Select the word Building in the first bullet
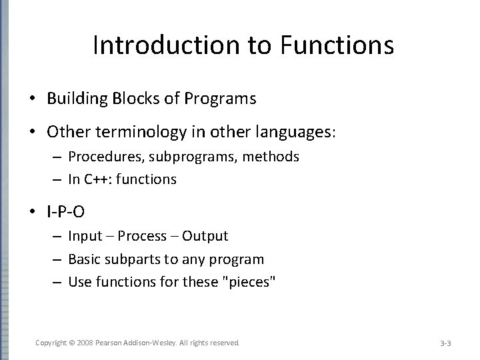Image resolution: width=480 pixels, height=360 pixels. click(x=73, y=99)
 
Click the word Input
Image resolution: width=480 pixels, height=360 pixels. click(x=86, y=236)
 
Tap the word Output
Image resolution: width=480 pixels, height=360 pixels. click(x=205, y=236)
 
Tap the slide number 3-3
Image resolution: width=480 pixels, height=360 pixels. click(x=446, y=343)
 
